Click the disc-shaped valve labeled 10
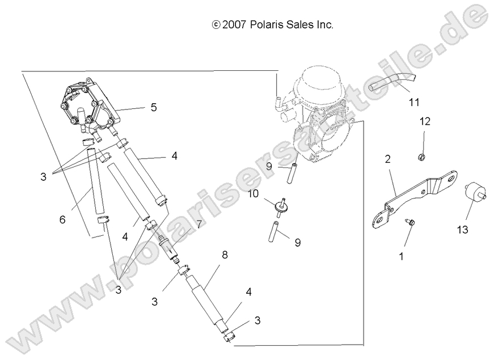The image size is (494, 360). click(279, 207)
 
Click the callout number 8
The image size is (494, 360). click(225, 255)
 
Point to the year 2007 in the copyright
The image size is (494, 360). click(234, 24)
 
